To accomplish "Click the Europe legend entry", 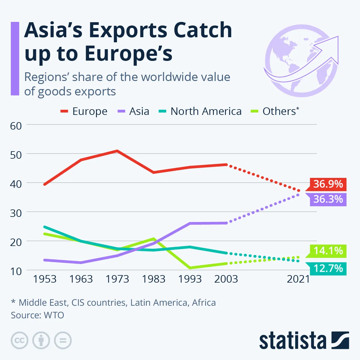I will coord(84,111).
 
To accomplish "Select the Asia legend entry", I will coord(133,111).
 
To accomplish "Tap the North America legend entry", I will coord(200,111).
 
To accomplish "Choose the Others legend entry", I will coord(275,111).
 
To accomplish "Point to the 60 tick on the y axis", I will coord(16,126).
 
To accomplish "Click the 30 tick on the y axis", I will coord(16,213).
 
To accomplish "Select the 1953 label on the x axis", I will coord(45,279).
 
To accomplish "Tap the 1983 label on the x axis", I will coord(154,279).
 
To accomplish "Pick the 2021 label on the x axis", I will coord(298,279).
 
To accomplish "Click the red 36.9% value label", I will coord(328,184).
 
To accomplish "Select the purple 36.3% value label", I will coord(328,199).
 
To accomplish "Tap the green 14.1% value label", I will coord(328,250).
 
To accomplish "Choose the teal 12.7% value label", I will coord(328,268).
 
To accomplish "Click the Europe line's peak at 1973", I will coord(117,151).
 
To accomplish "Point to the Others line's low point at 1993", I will coord(190,268).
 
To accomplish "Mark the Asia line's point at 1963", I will coord(81,262).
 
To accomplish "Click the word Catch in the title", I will coord(203,30).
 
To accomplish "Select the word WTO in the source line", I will coord(54,315).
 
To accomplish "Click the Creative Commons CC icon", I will coord(19,340).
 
